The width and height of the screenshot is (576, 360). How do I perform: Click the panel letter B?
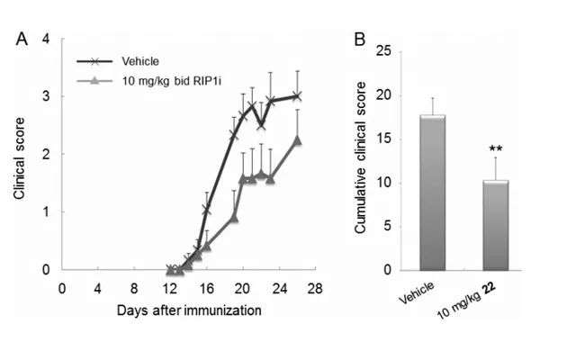coord(360,40)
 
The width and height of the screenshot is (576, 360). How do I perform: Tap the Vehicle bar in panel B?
coord(433,193)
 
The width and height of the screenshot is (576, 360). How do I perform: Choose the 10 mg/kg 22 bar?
coord(496,225)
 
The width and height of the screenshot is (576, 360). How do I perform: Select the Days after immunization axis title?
coord(188,310)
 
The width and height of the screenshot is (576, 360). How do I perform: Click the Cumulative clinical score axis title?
coord(360,162)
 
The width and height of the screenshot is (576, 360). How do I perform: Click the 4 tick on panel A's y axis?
coord(45,39)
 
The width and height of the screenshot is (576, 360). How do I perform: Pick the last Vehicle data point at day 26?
coord(297,95)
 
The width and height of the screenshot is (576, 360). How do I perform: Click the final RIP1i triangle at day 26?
coord(297,139)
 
